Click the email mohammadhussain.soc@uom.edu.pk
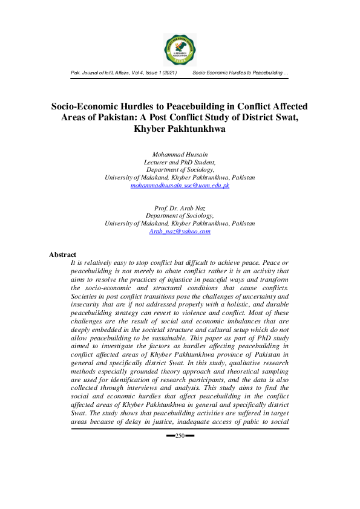[x=180, y=186]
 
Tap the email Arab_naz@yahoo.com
[x=180, y=231]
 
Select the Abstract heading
[x=63, y=254]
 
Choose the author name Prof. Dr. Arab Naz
[x=180, y=207]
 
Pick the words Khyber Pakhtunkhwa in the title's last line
[x=180, y=129]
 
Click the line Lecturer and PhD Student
[x=180, y=163]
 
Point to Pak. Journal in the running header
[x=85, y=73]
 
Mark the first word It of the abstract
[x=73, y=264]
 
